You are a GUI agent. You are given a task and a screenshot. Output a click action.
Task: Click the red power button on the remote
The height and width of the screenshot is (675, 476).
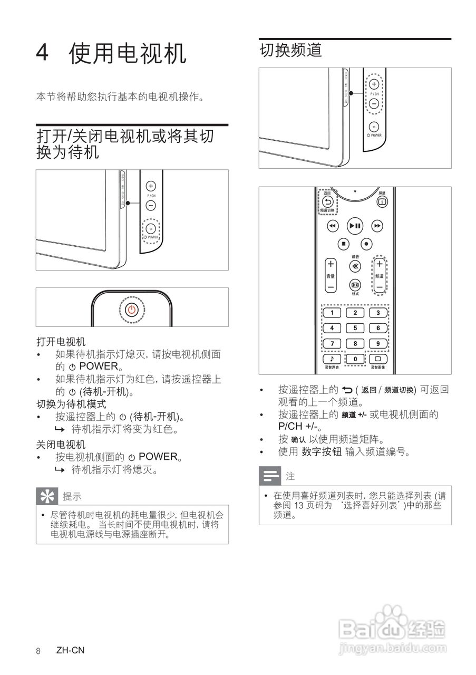click(132, 309)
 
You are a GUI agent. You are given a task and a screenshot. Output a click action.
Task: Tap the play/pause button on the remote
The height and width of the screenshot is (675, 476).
click(355, 226)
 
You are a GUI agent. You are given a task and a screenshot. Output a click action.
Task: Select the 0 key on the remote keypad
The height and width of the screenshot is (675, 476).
click(355, 359)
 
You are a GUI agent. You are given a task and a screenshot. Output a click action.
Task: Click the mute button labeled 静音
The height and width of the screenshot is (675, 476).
click(355, 266)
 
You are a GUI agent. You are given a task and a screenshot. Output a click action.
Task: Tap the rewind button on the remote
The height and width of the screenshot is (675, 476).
click(332, 226)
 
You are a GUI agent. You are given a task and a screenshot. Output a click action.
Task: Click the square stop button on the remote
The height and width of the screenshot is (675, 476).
click(343, 244)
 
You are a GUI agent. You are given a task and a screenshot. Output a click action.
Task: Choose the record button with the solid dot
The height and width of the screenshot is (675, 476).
click(366, 244)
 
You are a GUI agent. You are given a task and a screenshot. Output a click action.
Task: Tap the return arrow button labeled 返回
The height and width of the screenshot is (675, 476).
click(327, 201)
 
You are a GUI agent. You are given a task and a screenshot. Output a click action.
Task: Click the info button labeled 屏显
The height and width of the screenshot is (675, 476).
click(382, 201)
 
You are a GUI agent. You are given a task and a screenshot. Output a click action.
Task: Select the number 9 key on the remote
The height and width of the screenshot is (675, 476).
click(378, 343)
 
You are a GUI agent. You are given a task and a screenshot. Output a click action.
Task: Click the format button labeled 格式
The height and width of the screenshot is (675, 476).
click(355, 285)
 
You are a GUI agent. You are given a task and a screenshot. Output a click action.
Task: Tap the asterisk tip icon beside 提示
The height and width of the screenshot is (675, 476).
click(46, 496)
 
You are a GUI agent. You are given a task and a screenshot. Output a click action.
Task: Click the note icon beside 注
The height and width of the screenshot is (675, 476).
click(270, 476)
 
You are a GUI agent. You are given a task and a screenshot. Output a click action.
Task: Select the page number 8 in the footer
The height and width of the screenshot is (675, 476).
click(38, 650)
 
